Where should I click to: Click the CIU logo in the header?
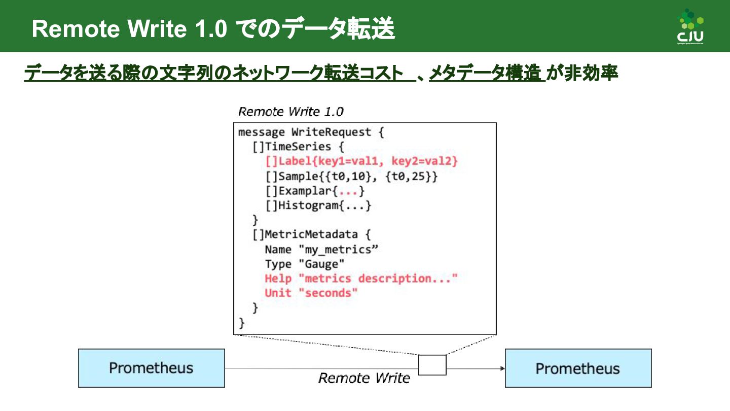(x=690, y=26)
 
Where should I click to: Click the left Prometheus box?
(x=151, y=368)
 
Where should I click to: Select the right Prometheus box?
(x=578, y=368)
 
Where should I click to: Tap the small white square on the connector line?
(x=432, y=365)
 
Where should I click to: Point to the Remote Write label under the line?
(x=364, y=378)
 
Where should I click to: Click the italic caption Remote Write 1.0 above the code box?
(x=290, y=112)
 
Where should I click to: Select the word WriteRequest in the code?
(x=332, y=132)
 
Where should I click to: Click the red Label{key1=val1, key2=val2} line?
(x=361, y=161)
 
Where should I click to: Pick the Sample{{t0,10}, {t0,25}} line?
(x=351, y=177)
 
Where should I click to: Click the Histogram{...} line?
(x=318, y=205)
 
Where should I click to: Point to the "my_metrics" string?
(x=339, y=250)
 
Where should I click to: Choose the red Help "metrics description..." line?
(x=361, y=279)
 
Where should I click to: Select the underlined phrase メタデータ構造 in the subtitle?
(x=485, y=74)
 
